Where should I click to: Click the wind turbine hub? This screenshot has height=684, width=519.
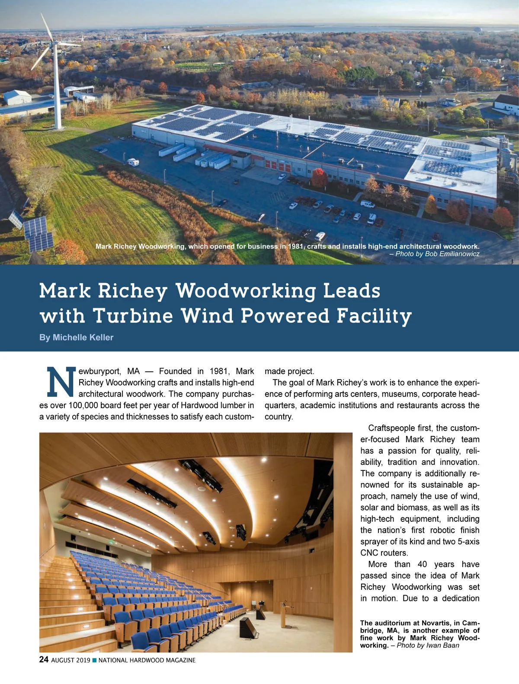(55, 43)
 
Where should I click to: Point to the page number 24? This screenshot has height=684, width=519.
(44, 660)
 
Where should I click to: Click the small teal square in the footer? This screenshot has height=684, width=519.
(95, 660)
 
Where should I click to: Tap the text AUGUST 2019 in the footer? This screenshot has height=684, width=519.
(70, 660)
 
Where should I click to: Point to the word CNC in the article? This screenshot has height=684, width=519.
(369, 553)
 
